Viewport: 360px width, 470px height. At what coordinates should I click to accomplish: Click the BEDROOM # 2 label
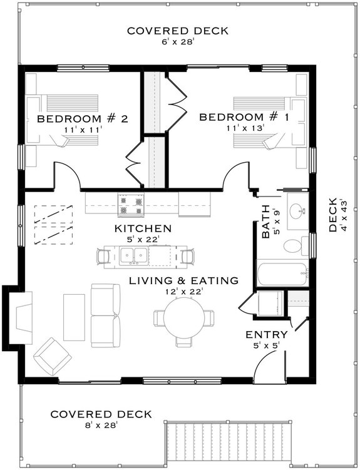82,119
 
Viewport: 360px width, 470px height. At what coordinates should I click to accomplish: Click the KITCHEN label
143,228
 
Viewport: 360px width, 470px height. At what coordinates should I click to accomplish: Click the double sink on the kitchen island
135,255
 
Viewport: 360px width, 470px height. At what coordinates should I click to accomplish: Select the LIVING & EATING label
183,280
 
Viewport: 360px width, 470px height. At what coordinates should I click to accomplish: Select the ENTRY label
267,334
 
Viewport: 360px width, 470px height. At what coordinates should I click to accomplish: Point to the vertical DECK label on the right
333,215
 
